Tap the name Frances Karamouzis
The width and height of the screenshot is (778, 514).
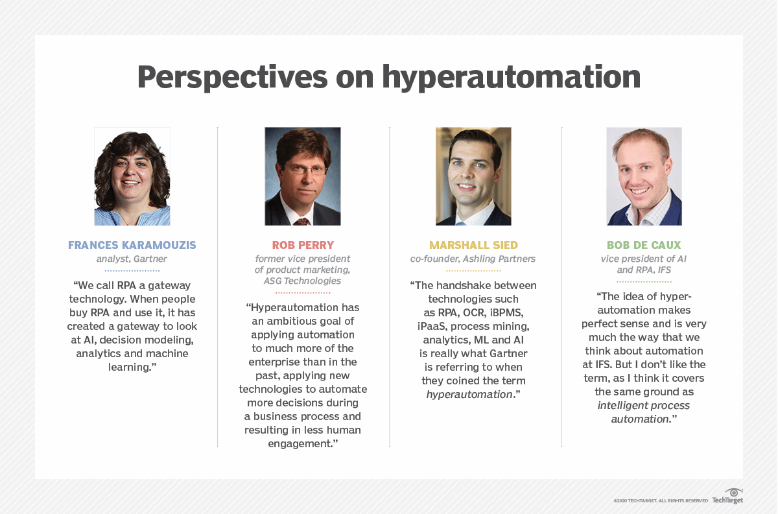click(132, 246)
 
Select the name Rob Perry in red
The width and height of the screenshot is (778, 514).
click(303, 246)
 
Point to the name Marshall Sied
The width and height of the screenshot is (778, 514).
click(473, 246)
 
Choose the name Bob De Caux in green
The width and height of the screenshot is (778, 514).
click(644, 246)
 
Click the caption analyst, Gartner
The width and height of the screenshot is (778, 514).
click(132, 259)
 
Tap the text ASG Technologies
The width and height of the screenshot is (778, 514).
click(303, 281)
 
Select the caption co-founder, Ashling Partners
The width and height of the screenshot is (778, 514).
click(473, 259)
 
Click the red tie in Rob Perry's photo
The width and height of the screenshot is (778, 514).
click(302, 220)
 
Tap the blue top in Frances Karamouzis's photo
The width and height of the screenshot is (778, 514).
click(133, 216)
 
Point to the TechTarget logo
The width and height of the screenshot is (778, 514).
click(727, 497)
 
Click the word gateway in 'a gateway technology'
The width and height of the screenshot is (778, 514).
click(169, 285)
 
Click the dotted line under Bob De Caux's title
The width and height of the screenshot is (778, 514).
click(644, 282)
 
